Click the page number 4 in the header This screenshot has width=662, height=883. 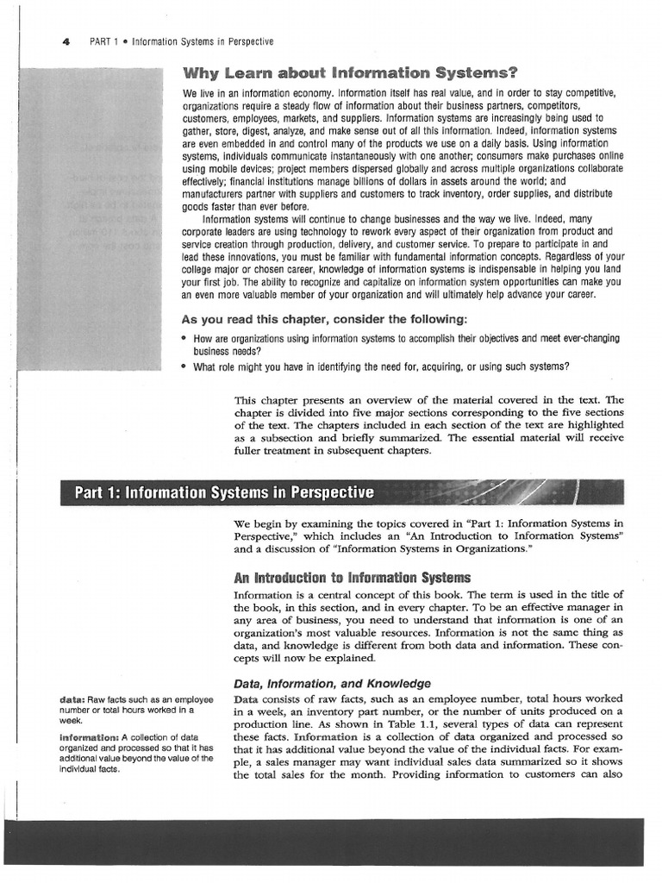click(x=66, y=41)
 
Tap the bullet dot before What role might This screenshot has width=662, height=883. click(x=184, y=366)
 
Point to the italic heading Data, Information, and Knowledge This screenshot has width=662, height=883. click(x=332, y=683)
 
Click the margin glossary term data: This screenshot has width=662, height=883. click(x=72, y=698)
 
